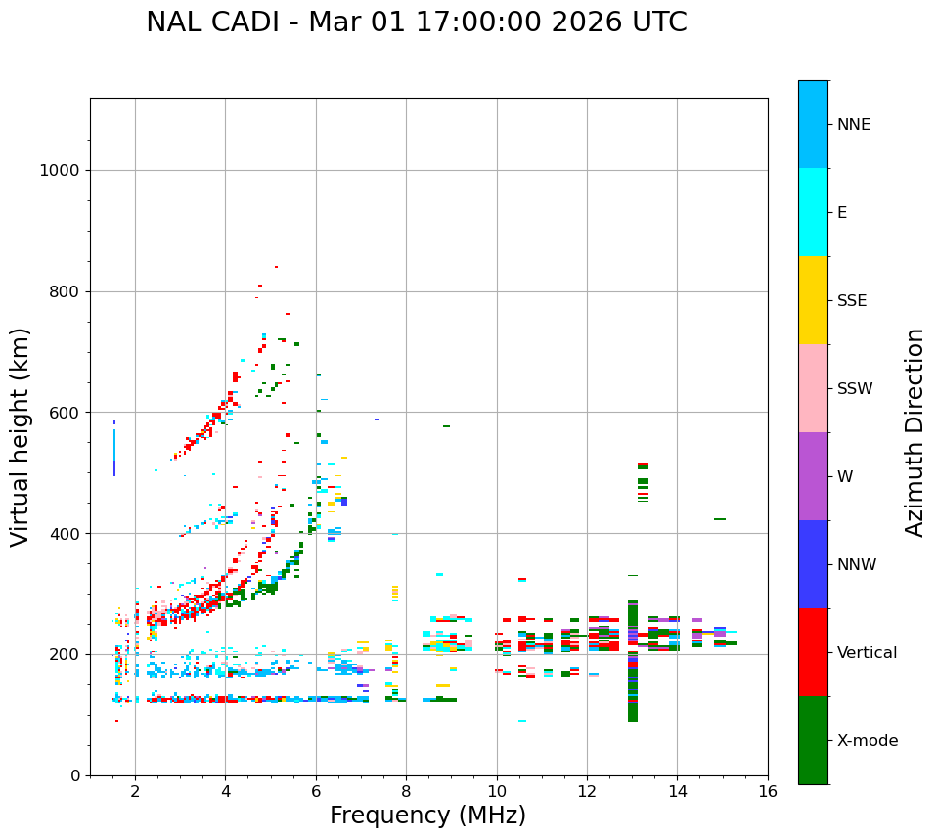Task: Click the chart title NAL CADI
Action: point(416,22)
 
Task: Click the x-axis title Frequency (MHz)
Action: point(427,816)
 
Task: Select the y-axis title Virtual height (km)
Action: point(21,436)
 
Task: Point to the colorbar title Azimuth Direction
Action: point(915,432)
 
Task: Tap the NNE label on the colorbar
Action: point(854,125)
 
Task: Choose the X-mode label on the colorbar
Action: point(868,741)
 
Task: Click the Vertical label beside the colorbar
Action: point(867,653)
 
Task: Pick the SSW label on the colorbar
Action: point(855,389)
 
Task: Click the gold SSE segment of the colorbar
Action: point(813,300)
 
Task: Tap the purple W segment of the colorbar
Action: point(813,476)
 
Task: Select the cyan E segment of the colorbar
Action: point(813,212)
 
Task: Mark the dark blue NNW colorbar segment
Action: point(813,564)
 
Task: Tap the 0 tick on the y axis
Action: point(74,775)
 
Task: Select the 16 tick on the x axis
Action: point(768,790)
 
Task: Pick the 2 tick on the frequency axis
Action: point(135,790)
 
